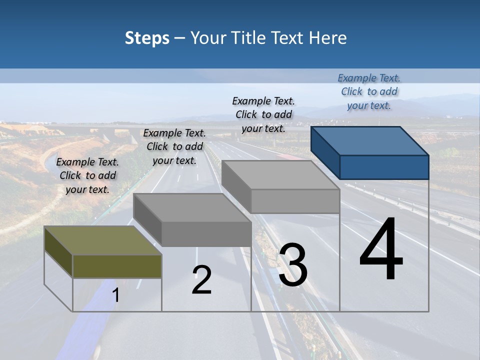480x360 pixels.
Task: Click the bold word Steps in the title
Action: (147, 38)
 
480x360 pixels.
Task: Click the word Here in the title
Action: (328, 38)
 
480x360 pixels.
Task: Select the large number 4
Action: (381, 250)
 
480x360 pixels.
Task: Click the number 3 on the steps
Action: (293, 265)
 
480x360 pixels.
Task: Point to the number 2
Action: (201, 280)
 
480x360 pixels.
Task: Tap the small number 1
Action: (116, 295)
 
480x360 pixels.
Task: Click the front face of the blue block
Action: (384, 167)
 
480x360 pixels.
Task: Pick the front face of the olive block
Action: (117, 266)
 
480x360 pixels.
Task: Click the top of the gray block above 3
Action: (280, 175)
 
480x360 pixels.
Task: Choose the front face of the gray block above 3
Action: (295, 201)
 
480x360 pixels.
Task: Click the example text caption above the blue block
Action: (369, 91)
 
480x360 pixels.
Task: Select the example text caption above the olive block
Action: (87, 175)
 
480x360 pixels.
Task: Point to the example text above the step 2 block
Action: (174, 146)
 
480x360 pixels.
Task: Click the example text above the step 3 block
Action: (263, 114)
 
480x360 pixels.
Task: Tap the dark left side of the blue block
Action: (325, 152)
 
